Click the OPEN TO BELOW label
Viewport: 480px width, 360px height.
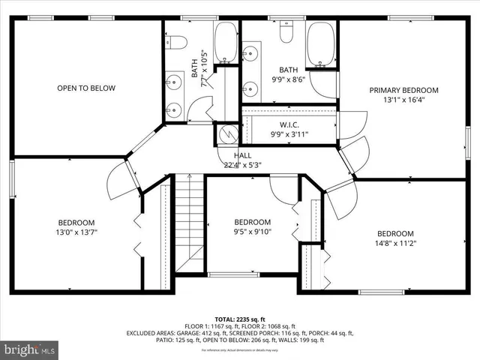click(86, 88)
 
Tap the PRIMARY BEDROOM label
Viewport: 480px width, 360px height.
click(403, 90)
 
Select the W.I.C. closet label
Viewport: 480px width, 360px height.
click(289, 124)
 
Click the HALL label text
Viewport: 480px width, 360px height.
click(241, 155)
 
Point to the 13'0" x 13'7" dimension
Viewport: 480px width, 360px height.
click(76, 232)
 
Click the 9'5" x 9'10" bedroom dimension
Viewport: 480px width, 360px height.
click(252, 232)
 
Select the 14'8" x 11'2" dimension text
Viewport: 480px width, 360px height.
click(395, 243)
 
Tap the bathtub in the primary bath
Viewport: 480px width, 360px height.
click(322, 45)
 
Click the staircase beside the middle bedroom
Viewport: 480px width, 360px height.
click(190, 223)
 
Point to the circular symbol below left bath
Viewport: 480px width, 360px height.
click(228, 134)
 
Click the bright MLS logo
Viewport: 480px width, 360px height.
click(30, 349)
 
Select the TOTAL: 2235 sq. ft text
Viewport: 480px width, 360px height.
click(240, 318)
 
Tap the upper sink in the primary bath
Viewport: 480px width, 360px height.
click(250, 53)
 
